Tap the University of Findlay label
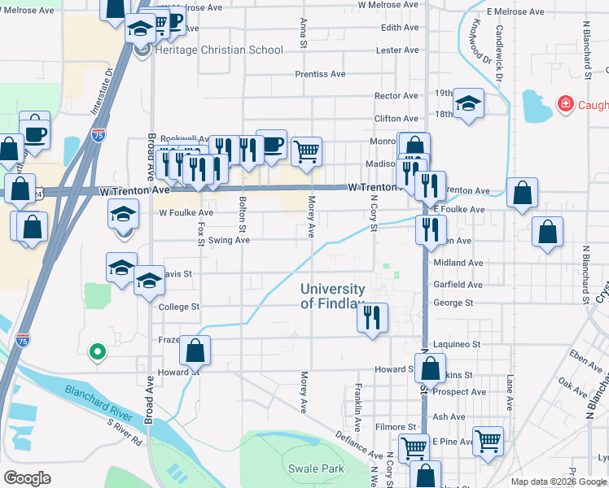[x=333, y=296]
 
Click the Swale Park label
[x=316, y=468]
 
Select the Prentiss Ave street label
[x=320, y=74]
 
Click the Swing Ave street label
[x=229, y=241]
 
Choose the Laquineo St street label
[x=458, y=345]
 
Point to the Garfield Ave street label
[x=458, y=285]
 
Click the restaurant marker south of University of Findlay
[x=372, y=317]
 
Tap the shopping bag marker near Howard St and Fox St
[x=195, y=351]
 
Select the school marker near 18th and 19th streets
[x=469, y=103]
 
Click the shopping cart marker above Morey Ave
[x=307, y=150]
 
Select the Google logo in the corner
[x=28, y=477]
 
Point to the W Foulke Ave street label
[x=186, y=213]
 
